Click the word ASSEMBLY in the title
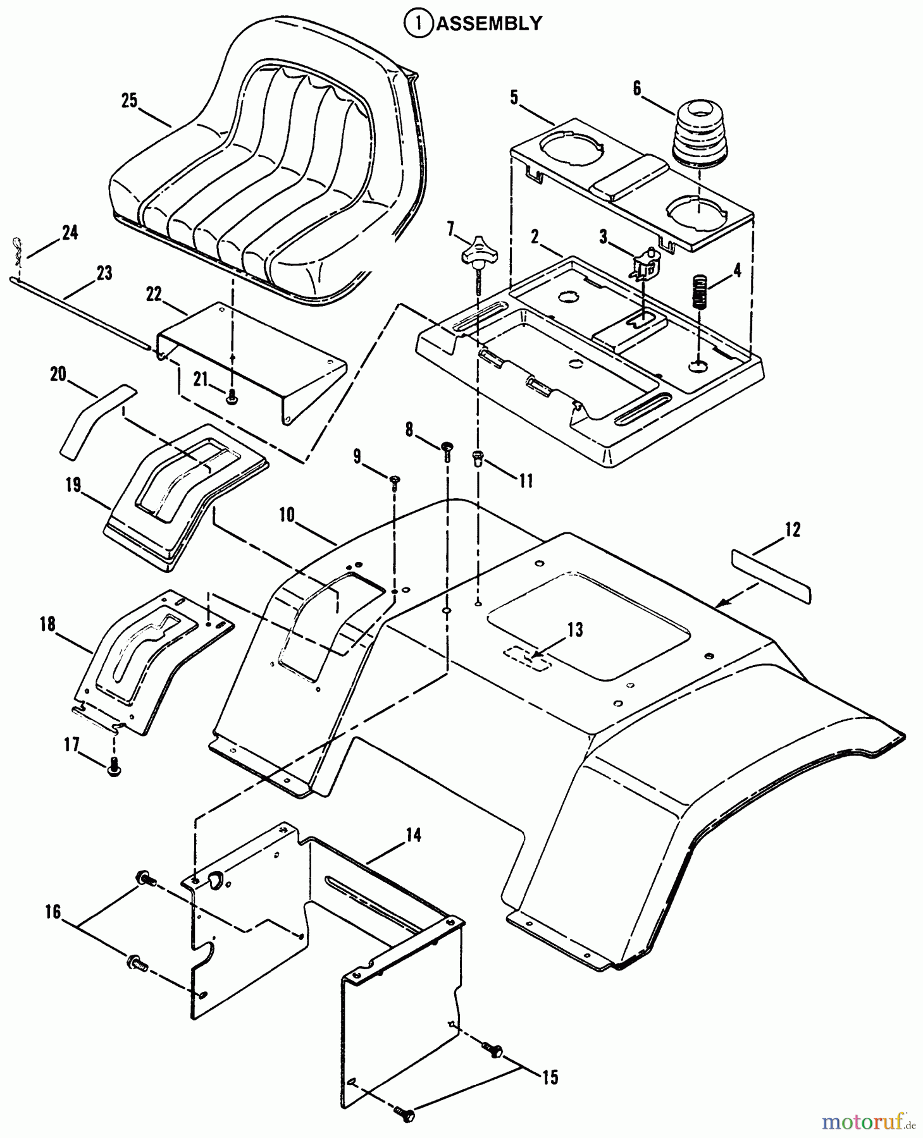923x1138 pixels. tap(489, 23)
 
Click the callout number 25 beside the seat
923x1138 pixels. tap(129, 101)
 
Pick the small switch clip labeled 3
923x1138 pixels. tap(645, 263)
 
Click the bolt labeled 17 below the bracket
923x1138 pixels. tap(115, 767)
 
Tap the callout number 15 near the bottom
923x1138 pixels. tap(550, 1077)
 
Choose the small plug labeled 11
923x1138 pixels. tap(478, 456)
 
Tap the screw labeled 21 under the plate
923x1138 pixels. tap(232, 398)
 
